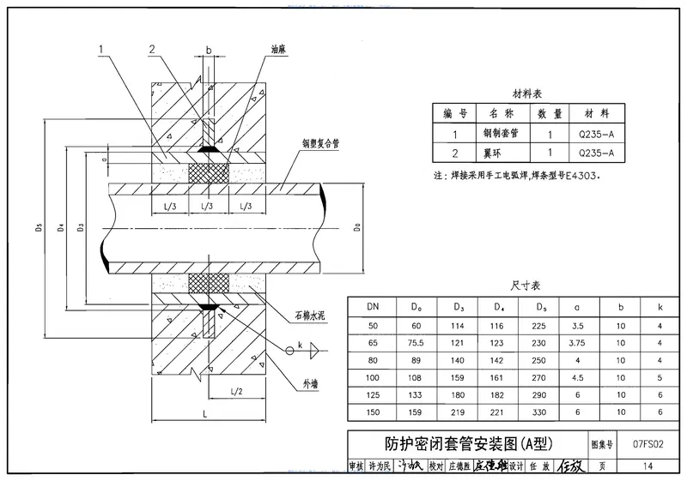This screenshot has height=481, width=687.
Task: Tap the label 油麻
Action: (x=279, y=50)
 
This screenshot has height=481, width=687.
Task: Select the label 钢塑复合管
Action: (x=320, y=146)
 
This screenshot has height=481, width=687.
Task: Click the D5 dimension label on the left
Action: (x=40, y=229)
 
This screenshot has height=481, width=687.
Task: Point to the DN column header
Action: (x=374, y=305)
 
